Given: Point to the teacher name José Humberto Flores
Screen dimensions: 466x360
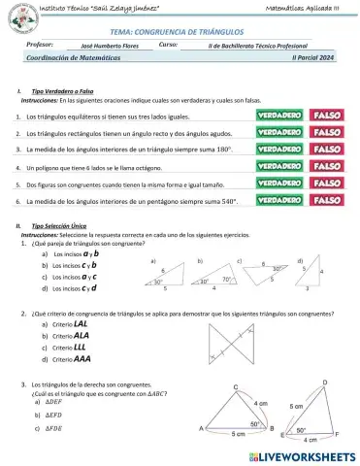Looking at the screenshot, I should pos(114,46).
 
